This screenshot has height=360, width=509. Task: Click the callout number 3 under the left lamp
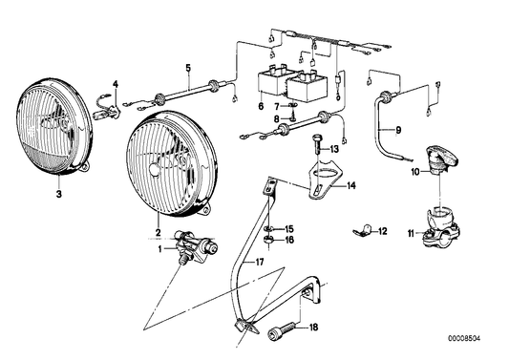[59, 194]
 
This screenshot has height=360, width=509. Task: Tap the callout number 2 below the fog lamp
[159, 232]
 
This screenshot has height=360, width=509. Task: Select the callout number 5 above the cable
[188, 68]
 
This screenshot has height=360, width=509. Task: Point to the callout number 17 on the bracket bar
[259, 262]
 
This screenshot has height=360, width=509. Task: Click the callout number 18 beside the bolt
[313, 328]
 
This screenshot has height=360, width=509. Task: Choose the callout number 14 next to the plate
[350, 185]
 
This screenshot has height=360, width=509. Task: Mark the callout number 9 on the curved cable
[398, 130]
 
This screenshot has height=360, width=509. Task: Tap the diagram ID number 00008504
[464, 339]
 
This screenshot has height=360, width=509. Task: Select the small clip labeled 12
[362, 230]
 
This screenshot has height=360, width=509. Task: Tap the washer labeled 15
[269, 229]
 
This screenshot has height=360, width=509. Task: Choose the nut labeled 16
[268, 241]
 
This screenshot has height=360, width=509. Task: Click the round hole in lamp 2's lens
[155, 169]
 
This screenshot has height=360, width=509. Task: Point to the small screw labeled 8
[293, 116]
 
